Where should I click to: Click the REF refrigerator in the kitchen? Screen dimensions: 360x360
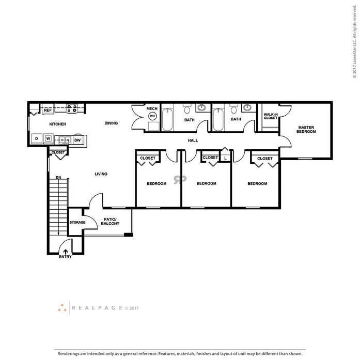point(48,109)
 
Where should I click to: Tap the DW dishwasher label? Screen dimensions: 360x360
point(77,140)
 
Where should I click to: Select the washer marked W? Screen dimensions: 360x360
point(48,138)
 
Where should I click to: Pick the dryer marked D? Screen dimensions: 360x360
point(37,138)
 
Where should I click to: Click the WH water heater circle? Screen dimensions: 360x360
point(152,116)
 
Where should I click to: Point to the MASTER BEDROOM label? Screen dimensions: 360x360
point(306,130)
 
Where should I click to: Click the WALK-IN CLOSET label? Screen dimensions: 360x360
point(271,116)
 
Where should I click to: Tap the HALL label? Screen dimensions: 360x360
point(193,140)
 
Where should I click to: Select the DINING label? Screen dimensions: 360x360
point(111,123)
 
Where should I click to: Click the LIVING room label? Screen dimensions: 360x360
point(101,174)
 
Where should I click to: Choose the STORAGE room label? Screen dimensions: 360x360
point(77,223)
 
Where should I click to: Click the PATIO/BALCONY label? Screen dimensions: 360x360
point(110,222)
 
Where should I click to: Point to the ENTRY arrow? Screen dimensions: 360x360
point(66,252)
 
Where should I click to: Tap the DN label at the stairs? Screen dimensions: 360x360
point(58,178)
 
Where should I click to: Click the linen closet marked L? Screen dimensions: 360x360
point(226,158)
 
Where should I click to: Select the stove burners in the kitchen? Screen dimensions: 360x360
point(72,108)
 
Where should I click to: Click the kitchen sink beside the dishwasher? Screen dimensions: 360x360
point(65,139)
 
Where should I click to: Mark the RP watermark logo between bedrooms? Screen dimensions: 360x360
point(180,180)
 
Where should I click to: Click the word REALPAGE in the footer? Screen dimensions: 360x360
point(97,308)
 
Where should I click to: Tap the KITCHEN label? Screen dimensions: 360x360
point(58,124)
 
